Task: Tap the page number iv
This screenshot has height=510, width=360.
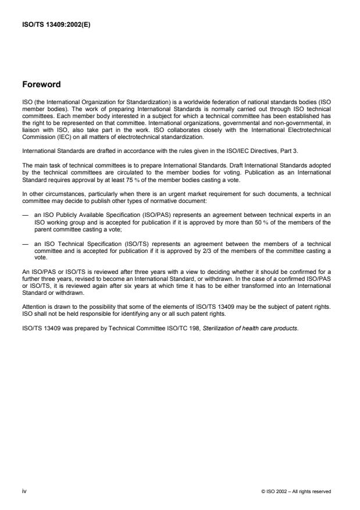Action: point(24,491)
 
